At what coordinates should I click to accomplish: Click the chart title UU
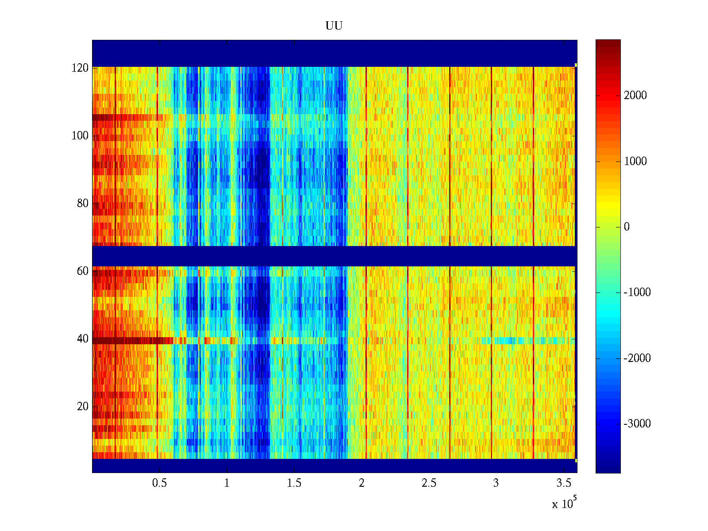334,26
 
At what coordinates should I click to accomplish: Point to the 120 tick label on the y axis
80,68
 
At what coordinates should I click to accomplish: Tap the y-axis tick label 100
80,136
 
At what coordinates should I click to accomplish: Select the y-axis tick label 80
82,204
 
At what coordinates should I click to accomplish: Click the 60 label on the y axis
82,271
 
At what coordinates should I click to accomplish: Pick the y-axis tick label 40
82,339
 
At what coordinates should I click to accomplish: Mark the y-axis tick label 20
82,407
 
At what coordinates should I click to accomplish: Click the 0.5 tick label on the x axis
159,483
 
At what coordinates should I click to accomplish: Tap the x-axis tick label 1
227,483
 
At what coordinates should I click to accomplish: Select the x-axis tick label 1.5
294,483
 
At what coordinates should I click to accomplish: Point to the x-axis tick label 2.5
429,483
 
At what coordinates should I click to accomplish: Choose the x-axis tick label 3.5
563,483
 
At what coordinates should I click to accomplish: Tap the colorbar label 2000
635,96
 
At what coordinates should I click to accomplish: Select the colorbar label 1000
635,162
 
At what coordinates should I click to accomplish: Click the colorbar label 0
627,227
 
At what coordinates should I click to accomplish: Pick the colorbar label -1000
637,292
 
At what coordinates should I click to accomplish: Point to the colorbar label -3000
637,424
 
